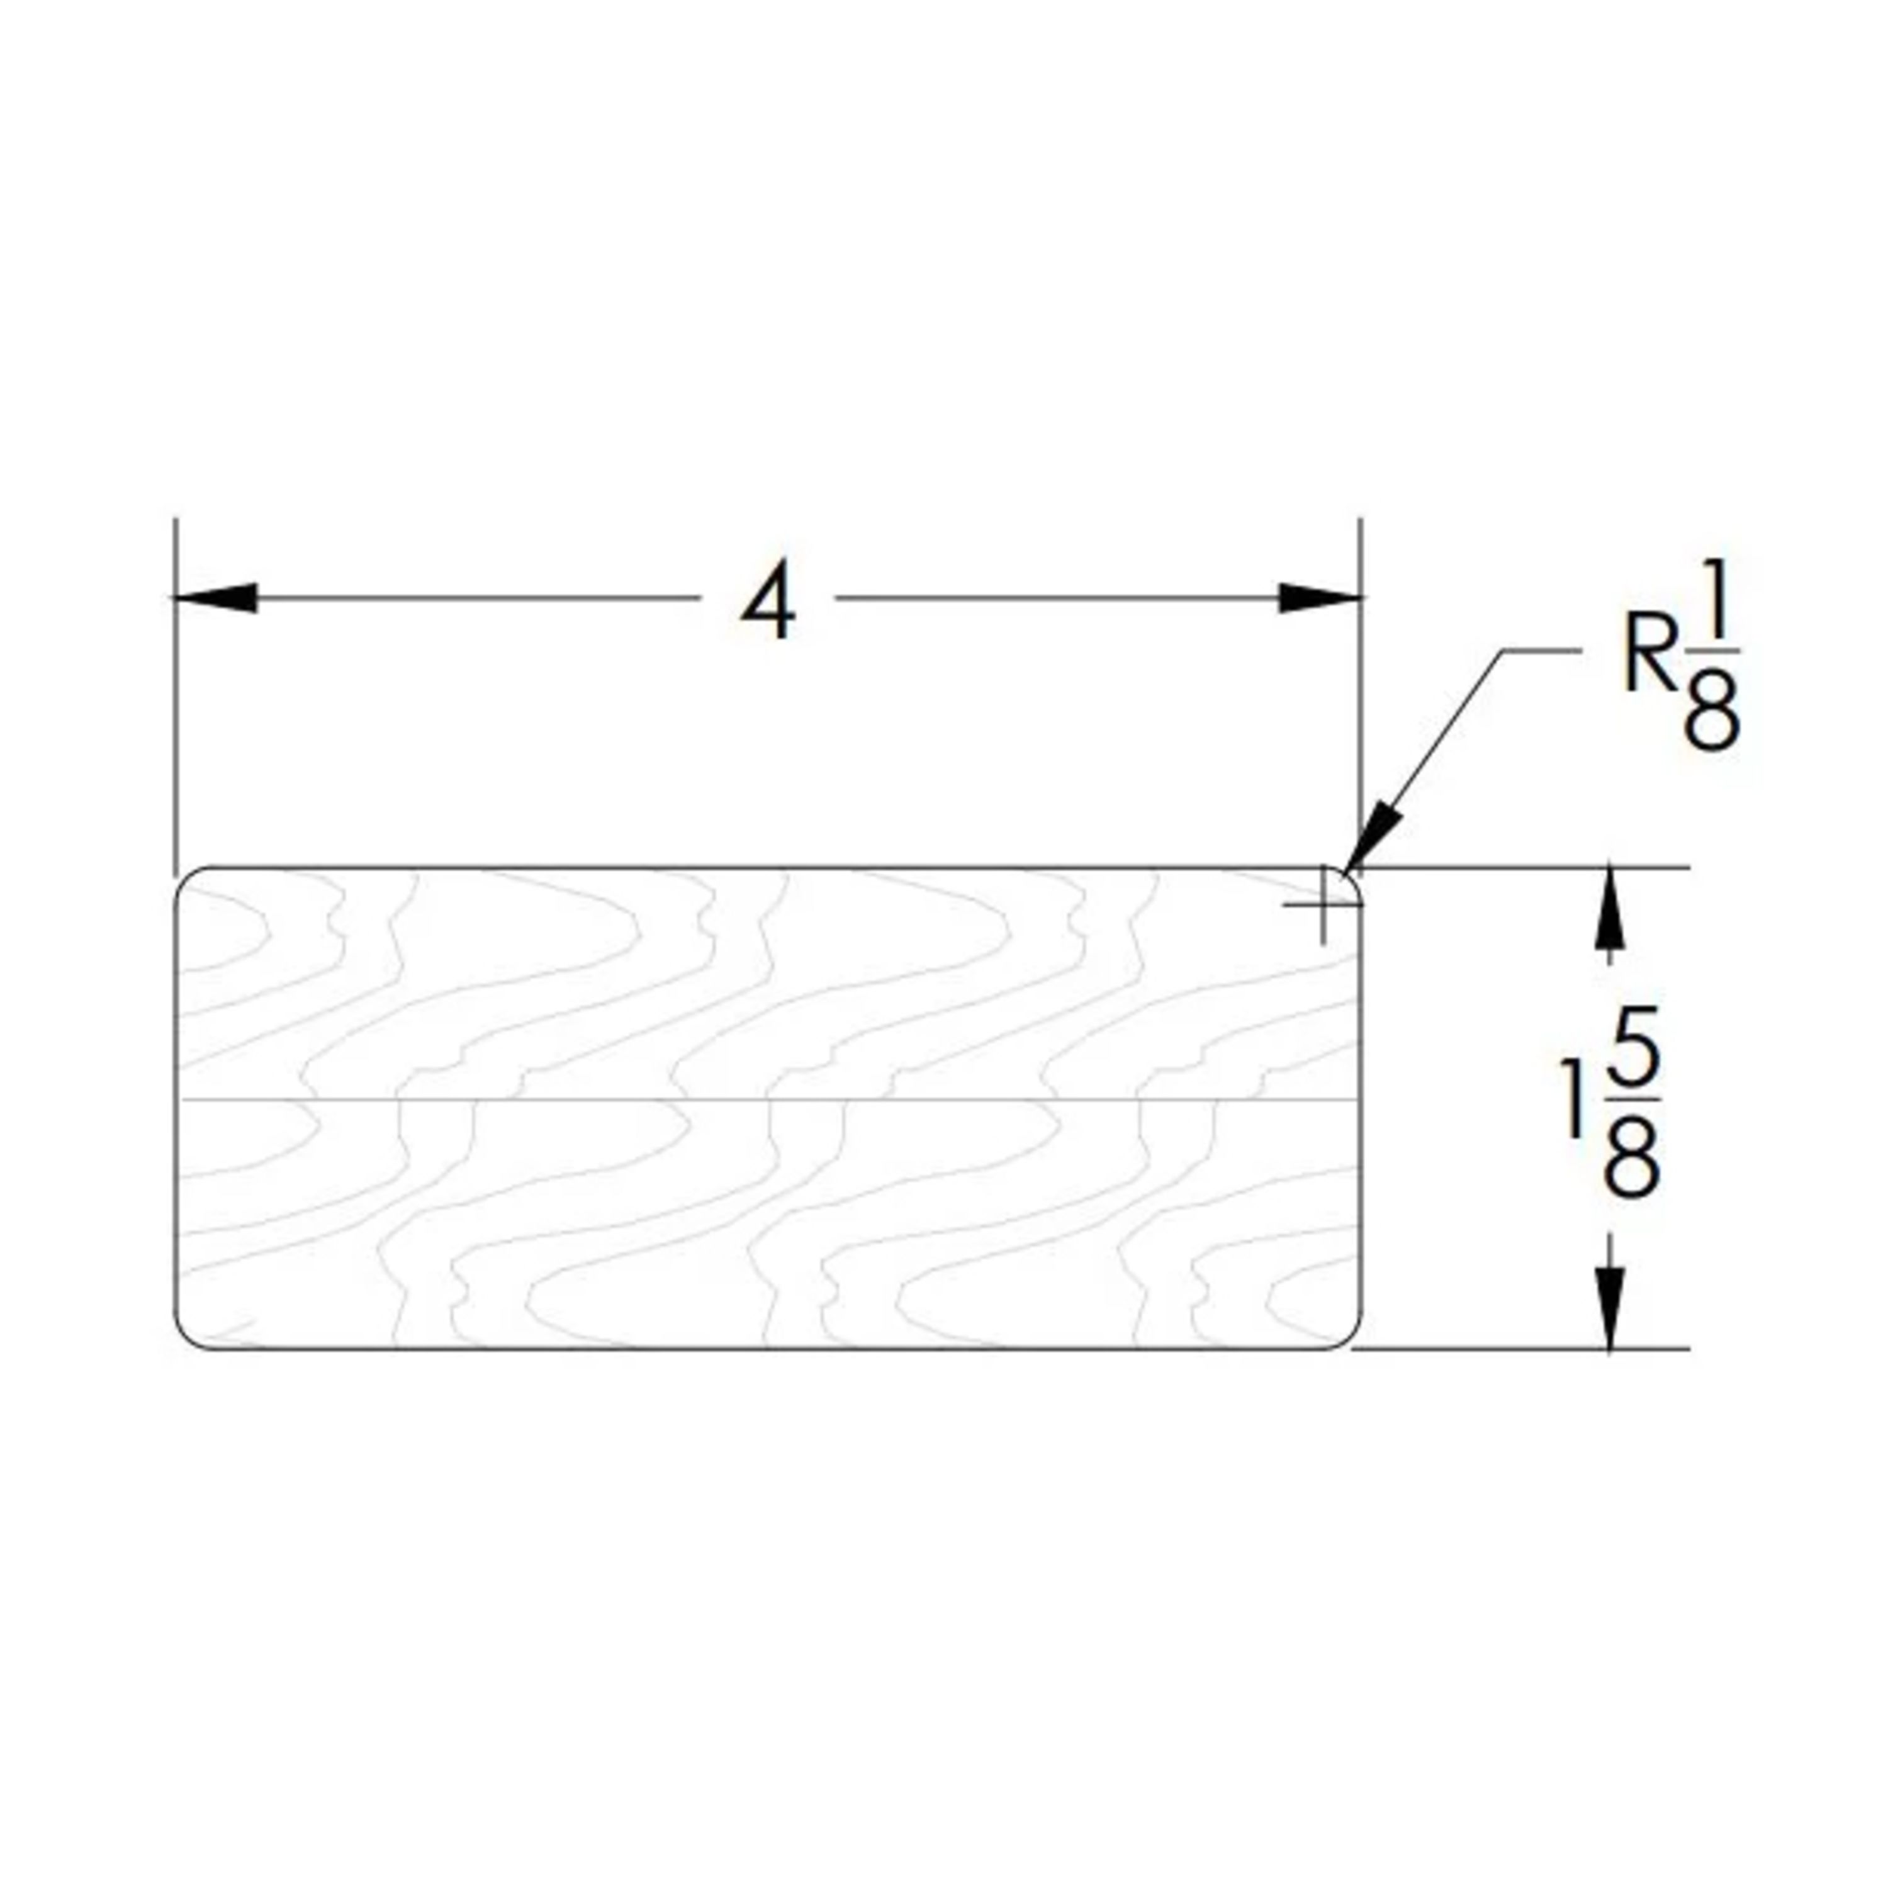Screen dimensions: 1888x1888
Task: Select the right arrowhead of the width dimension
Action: pos(1318,597)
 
